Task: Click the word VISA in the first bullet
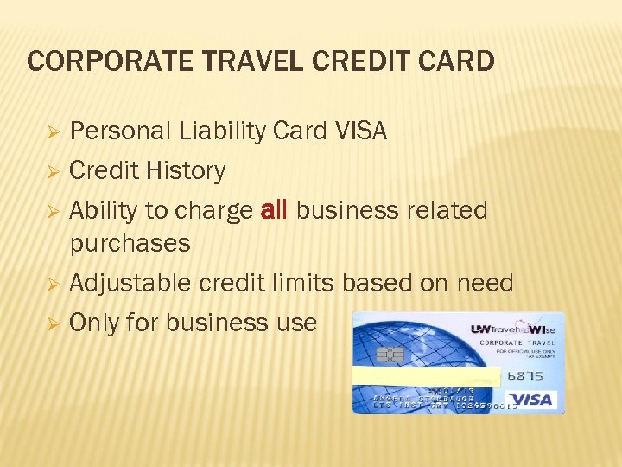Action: coord(360,131)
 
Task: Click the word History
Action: coord(185,171)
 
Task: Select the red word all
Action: coord(274,210)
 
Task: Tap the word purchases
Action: coord(130,243)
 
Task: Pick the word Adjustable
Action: coord(130,283)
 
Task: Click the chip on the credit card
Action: coord(390,354)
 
